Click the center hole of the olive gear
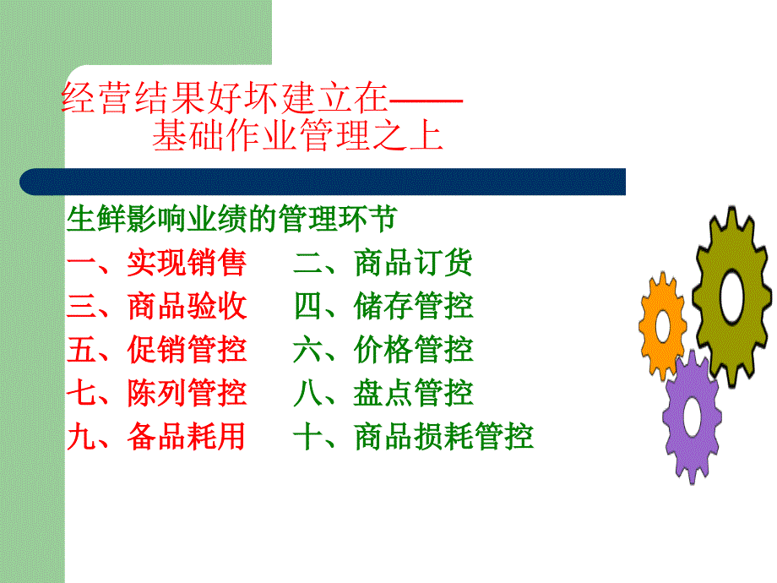(x=732, y=297)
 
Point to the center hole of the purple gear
(x=692, y=417)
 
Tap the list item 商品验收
(x=187, y=305)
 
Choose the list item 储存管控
(x=413, y=305)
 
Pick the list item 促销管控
(x=187, y=349)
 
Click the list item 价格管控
(x=413, y=349)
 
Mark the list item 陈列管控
(x=187, y=393)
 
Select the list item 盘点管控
(x=413, y=393)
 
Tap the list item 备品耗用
(x=187, y=436)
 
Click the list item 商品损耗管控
(x=443, y=436)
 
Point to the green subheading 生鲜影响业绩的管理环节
(x=231, y=219)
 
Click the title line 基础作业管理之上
(x=297, y=135)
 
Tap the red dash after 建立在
(x=427, y=101)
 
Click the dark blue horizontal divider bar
(x=323, y=182)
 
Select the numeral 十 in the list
(x=307, y=436)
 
